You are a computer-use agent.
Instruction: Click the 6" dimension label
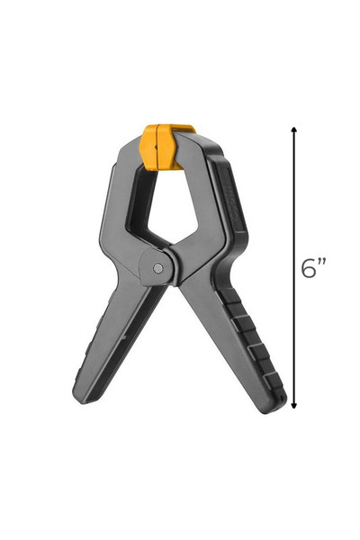313,268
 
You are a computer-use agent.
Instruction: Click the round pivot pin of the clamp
158,267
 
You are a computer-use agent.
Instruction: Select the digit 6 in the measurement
309,268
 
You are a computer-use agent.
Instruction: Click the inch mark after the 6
322,262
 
